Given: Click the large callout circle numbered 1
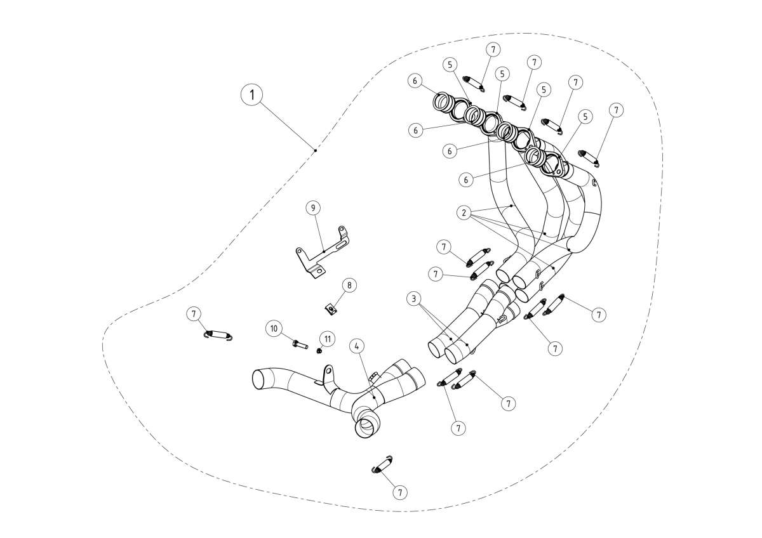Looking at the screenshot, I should (x=252, y=96).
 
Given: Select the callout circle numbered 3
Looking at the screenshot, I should (x=413, y=298).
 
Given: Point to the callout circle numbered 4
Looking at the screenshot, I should (x=358, y=346).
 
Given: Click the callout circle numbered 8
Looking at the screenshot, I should (x=349, y=285).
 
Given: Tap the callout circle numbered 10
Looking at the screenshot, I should (x=274, y=328).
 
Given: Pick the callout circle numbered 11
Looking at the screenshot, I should (x=327, y=339).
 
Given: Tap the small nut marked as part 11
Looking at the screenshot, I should (x=320, y=352).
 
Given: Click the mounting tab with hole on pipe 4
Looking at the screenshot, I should (x=328, y=371).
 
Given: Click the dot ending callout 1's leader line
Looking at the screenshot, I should (x=315, y=150).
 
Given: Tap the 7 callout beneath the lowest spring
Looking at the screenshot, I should (x=399, y=492).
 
